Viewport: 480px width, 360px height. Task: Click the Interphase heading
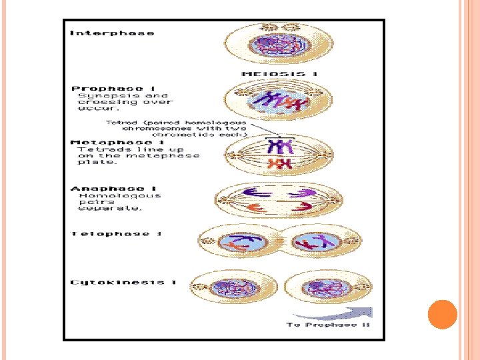(112, 33)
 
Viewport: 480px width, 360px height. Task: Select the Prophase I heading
(107, 88)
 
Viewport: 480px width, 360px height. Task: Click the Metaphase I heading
(117, 142)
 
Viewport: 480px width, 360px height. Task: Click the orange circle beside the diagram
(441, 314)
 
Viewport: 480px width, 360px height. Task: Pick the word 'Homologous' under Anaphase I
(119, 196)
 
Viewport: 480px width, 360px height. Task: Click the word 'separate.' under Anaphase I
(101, 209)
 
